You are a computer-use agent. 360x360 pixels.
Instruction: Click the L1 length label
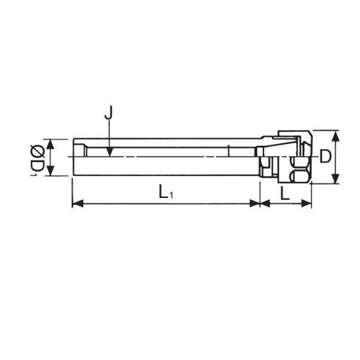point(165,192)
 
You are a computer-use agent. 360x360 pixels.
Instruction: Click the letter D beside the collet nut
point(325,157)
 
